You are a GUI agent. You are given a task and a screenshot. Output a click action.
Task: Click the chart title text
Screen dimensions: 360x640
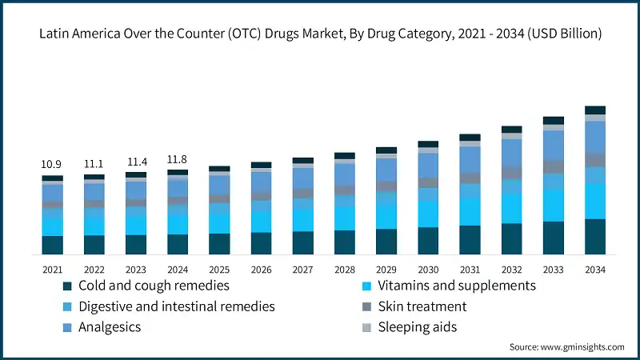[320, 34]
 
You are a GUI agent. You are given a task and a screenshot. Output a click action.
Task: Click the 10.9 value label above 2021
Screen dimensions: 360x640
[52, 164]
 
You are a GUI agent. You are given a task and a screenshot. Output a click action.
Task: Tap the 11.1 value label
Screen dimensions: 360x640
[94, 163]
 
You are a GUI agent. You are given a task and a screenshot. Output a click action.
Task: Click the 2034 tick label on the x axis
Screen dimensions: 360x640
[594, 270]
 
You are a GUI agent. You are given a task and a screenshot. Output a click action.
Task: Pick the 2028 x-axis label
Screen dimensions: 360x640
[344, 270]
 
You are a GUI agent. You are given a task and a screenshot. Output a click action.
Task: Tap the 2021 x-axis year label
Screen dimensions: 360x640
[52, 270]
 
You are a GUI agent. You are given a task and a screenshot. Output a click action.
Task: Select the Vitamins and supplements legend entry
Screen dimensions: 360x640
[458, 286]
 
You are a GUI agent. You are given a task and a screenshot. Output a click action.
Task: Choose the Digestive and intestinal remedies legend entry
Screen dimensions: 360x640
[177, 306]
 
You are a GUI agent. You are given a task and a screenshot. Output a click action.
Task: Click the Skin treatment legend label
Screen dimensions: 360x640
[424, 306]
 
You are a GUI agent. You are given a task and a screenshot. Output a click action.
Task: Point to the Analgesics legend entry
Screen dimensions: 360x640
[110, 327]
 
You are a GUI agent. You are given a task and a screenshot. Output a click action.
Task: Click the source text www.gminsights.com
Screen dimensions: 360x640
[566, 347]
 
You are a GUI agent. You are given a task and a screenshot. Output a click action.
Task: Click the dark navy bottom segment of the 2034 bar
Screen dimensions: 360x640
[594, 237]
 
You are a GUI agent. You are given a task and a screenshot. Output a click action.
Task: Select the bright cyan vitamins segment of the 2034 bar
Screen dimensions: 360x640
[594, 201]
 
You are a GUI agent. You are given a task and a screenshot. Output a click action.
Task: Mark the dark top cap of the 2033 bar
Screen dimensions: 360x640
[553, 120]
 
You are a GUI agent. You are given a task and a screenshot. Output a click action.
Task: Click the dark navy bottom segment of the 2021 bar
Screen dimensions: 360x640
[52, 245]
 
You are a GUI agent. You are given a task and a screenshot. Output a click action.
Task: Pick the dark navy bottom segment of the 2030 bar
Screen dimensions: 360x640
[428, 241]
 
